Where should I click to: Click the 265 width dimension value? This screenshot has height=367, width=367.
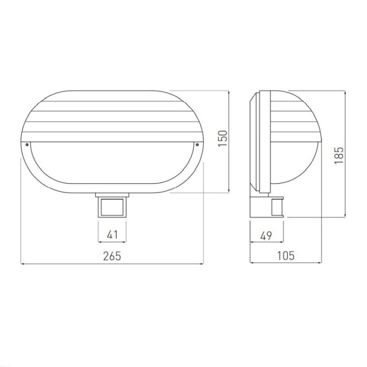(x=113, y=256)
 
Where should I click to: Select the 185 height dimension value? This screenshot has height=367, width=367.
(x=339, y=154)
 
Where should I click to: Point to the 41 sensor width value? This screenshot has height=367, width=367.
(x=113, y=235)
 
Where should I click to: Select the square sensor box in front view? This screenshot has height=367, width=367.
(x=113, y=206)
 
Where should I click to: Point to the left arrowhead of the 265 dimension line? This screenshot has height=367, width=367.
(x=23, y=264)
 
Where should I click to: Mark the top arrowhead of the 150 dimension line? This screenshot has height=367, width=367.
(x=229, y=92)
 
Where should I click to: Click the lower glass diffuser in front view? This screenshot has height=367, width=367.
(x=112, y=164)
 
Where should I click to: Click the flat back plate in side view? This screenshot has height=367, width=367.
(x=253, y=142)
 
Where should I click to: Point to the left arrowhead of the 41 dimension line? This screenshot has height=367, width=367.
(x=100, y=241)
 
